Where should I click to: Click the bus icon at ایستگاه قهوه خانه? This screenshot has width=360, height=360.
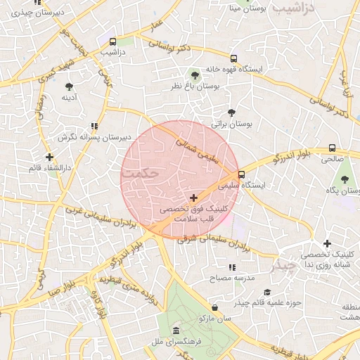coord(233,59)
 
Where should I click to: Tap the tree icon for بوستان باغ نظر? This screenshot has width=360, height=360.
coord(195,75)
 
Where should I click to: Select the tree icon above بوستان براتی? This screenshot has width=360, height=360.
coord(232,112)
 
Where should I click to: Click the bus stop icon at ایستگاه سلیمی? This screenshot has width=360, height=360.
coord(242,174)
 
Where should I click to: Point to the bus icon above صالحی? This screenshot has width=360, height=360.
coord(332,148)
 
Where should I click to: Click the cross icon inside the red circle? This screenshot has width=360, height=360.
coord(193,198)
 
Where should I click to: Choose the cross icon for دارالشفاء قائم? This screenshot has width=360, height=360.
coord(49,157)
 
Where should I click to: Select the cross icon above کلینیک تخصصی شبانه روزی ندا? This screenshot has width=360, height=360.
coord(327,243)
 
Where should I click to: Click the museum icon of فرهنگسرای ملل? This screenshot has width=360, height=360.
coord(175,330)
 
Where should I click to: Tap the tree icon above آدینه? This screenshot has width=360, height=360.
coord(69,86)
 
